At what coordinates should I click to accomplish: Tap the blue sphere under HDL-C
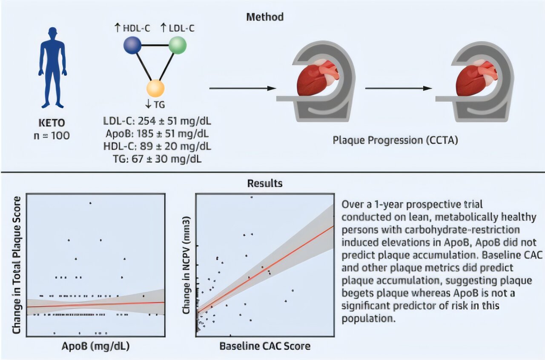(x=132, y=45)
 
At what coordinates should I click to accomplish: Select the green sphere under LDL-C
(x=178, y=45)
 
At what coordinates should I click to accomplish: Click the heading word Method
(x=265, y=17)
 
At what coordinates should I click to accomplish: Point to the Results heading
(x=265, y=183)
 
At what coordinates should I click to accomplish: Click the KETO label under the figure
(x=52, y=123)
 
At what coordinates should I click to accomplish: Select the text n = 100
(x=52, y=135)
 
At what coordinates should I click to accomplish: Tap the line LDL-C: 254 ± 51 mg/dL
(x=157, y=121)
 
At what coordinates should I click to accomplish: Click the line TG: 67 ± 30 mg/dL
(x=157, y=159)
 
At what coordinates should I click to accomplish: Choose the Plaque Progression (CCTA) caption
(x=396, y=140)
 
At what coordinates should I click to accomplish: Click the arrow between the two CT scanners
(x=399, y=88)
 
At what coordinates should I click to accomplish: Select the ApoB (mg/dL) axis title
(x=96, y=346)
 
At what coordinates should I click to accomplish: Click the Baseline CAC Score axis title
(x=265, y=346)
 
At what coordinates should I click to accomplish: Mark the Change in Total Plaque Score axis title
(x=17, y=265)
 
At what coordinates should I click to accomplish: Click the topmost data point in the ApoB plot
(x=90, y=203)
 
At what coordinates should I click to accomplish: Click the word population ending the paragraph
(x=368, y=318)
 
